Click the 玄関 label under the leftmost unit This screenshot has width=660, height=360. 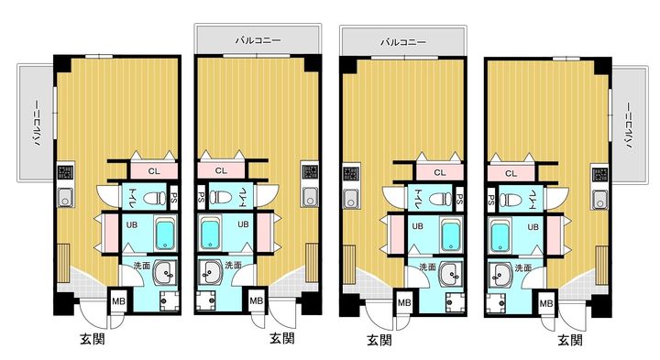93,339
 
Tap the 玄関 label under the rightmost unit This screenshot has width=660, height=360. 570,340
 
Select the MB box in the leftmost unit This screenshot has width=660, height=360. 118,301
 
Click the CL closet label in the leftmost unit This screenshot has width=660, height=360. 154,171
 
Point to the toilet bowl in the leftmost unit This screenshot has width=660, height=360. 155,197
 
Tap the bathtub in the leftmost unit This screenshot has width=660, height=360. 165,235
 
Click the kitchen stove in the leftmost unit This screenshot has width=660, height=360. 65,172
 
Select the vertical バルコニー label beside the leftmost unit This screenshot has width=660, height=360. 37,123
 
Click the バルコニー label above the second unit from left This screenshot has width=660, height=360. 258,40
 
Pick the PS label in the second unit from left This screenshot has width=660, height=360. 202,197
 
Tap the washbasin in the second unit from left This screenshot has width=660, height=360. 208,273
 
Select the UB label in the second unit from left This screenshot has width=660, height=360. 243,224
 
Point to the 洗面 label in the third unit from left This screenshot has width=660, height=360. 428,267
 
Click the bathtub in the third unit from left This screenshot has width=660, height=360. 450,236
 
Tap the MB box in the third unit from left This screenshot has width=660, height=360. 404,302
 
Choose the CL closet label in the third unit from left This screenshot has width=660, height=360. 439,172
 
